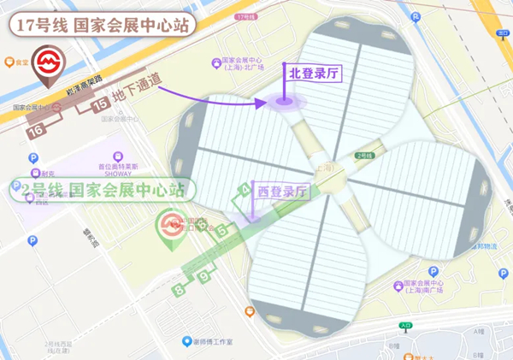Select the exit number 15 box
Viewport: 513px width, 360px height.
coord(100,104)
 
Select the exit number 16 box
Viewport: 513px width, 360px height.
coord(36,130)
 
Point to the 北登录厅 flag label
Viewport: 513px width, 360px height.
coord(313,74)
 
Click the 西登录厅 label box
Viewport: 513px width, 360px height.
coord(281,192)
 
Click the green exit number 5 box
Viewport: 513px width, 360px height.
coord(222,230)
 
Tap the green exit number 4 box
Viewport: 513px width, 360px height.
coord(245,190)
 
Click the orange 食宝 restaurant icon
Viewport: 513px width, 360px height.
coord(10,62)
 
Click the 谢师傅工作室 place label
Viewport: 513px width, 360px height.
coord(212,341)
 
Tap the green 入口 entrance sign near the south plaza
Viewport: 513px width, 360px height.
coord(405,325)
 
